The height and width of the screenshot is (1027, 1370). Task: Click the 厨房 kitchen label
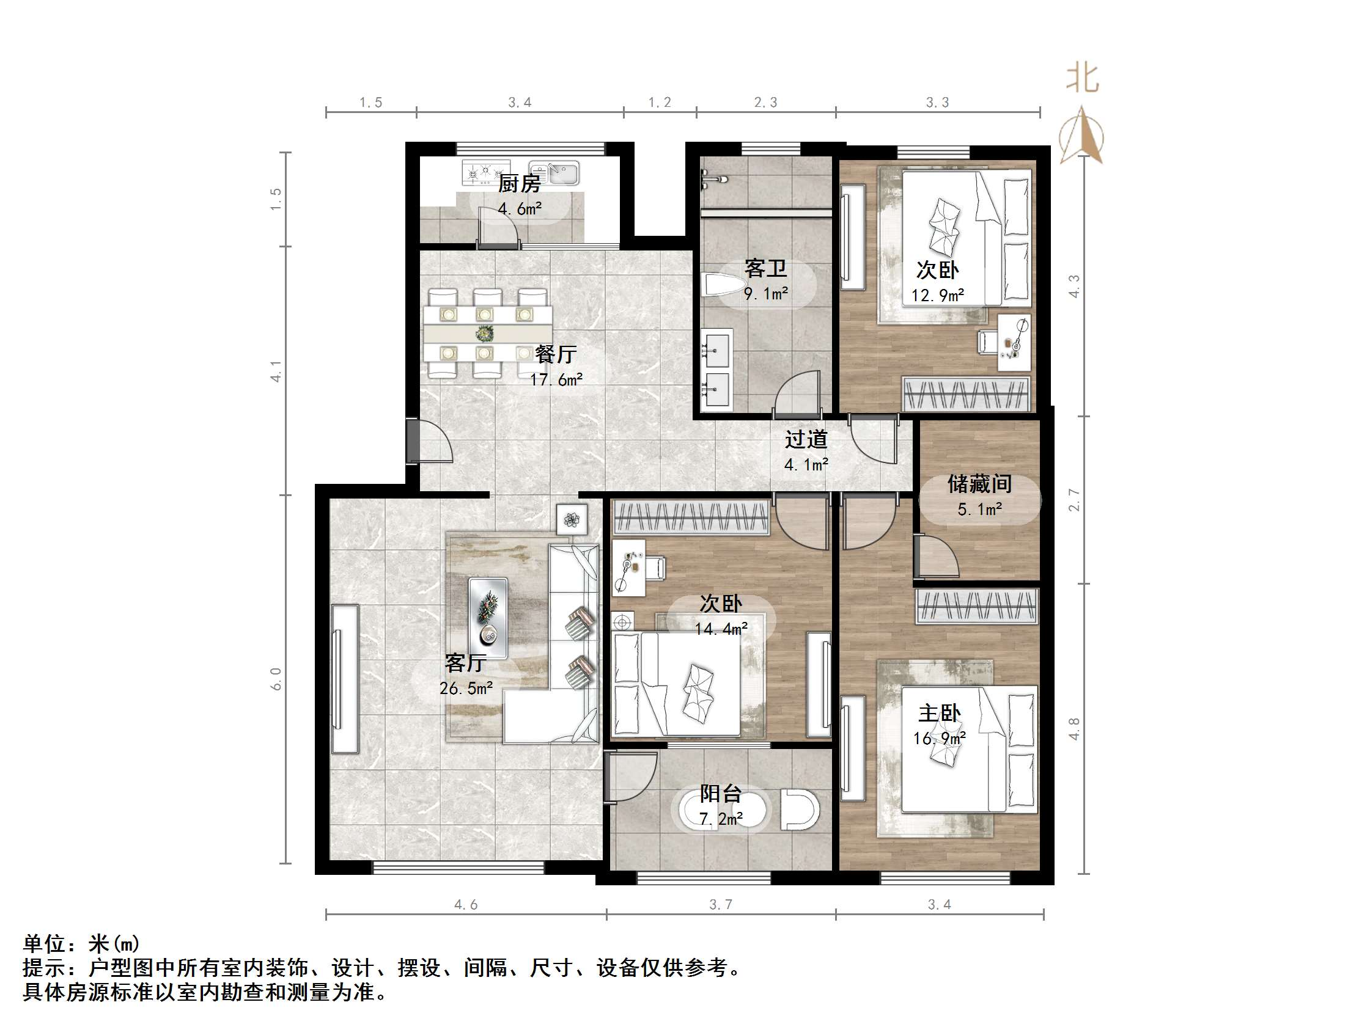coord(519,183)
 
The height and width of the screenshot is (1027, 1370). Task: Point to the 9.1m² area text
coord(765,293)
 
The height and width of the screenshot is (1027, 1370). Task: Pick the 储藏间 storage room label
coord(979,483)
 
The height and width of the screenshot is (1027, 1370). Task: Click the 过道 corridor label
coord(806,439)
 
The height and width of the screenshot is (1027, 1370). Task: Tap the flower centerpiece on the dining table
coord(484,334)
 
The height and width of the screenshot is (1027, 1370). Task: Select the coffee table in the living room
coord(488,617)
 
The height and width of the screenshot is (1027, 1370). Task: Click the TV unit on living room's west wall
coord(344,679)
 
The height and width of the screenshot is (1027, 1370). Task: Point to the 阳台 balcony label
coord(720,794)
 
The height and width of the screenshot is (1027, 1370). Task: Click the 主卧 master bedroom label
coord(939,713)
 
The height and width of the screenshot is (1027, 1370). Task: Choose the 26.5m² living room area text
coord(466,689)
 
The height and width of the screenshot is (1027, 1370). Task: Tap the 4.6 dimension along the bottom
coord(466,904)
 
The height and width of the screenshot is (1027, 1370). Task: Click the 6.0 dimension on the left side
coord(276,679)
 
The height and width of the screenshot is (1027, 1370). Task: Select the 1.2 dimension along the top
coord(660,103)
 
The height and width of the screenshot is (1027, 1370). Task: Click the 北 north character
coord(1082,79)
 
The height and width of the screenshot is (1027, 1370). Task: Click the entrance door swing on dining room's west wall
coord(433,441)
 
